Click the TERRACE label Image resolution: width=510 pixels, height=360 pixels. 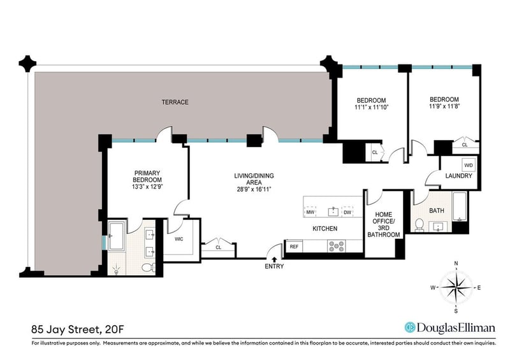[174, 102]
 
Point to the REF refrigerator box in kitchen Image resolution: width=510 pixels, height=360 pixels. [294, 246]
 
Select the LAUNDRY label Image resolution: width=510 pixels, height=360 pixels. [458, 176]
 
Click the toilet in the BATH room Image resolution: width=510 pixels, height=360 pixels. [419, 224]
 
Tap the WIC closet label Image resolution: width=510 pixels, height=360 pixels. [180, 240]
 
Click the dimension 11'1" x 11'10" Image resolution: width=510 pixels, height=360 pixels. [371, 107]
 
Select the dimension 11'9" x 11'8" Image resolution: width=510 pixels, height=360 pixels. [444, 107]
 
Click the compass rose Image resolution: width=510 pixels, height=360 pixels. [456, 287]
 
